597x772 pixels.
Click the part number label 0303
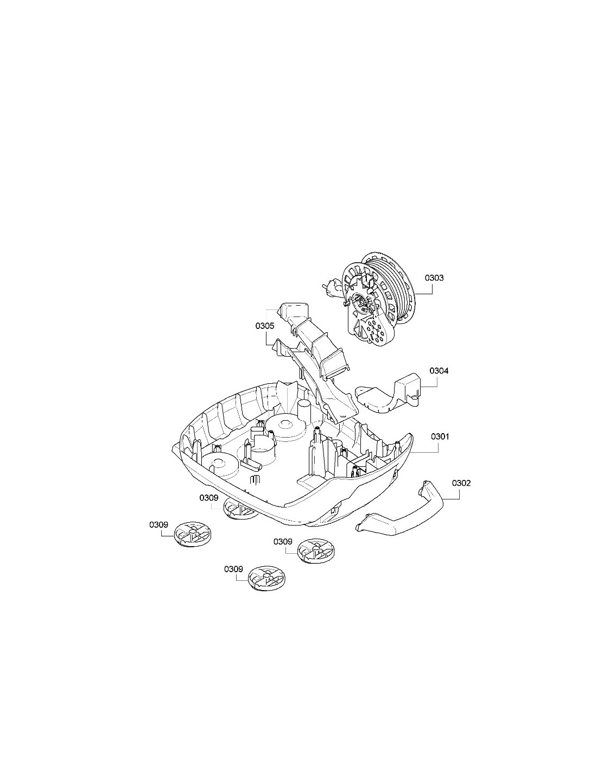pos(434,278)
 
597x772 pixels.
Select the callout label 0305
pos(265,326)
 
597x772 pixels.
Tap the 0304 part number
pos(439,371)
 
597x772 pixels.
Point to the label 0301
pos(440,436)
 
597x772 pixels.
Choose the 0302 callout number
pos(461,484)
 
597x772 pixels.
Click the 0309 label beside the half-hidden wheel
pos(209,498)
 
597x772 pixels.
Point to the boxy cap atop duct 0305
pos(294,311)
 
